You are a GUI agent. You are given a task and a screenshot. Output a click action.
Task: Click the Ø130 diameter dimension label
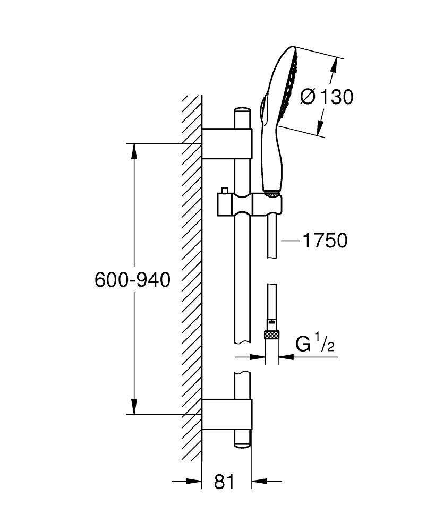[x=326, y=97]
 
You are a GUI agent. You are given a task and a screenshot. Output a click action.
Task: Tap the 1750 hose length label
[x=324, y=241]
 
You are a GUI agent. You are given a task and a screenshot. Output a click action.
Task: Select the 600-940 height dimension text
[x=133, y=280]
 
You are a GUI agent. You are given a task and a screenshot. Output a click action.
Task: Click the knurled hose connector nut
[x=272, y=335]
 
